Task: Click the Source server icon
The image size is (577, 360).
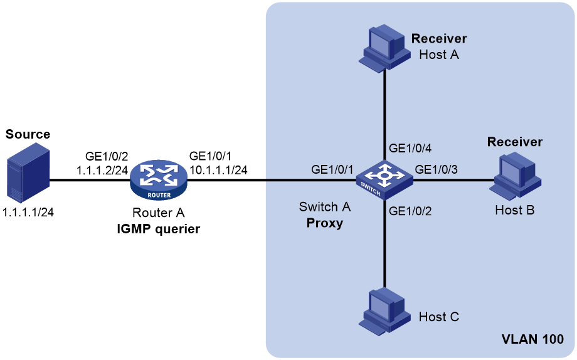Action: [28, 172]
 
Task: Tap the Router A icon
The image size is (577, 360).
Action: [159, 180]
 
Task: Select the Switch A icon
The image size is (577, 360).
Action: [384, 180]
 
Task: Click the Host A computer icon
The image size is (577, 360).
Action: [384, 48]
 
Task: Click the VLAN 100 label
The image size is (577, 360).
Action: [532, 339]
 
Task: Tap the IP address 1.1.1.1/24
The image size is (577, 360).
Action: [28, 212]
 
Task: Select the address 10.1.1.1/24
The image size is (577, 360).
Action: [218, 170]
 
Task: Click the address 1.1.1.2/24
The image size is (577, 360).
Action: [102, 170]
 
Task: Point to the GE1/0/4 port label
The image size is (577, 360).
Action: [410, 148]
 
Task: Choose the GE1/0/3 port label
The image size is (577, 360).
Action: [437, 169]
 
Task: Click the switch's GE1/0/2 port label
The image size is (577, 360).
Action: [410, 211]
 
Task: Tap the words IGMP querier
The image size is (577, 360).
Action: [159, 229]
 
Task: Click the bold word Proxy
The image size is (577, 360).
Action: [325, 223]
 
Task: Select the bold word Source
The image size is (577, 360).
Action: [28, 134]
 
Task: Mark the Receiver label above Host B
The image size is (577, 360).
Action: [515, 142]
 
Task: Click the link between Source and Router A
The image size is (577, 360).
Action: [90, 180]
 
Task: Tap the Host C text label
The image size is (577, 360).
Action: [439, 317]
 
